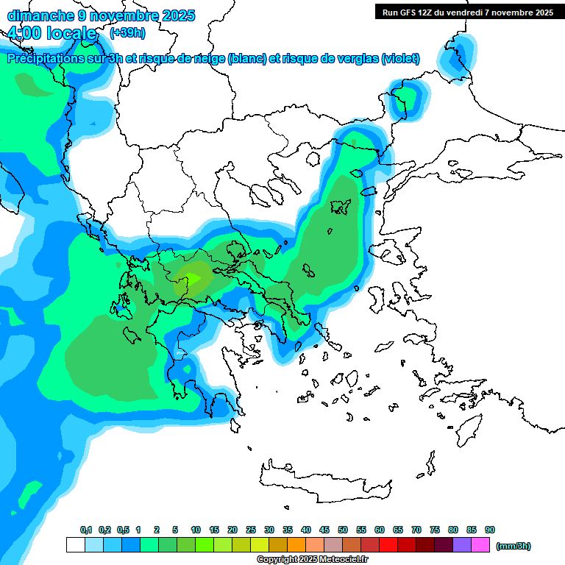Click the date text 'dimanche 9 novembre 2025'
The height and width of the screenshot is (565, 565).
pyautogui.click(x=101, y=15)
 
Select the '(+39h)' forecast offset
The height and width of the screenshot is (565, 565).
pyautogui.click(x=127, y=33)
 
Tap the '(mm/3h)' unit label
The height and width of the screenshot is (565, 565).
pyautogui.click(x=513, y=546)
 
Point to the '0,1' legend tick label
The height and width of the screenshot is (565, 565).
pyautogui.click(x=85, y=530)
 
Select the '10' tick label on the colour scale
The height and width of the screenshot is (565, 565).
pyautogui.click(x=196, y=530)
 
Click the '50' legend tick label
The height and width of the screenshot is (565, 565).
pyautogui.click(x=343, y=530)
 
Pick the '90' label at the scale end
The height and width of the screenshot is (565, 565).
pyautogui.click(x=490, y=530)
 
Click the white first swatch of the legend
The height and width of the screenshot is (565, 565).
pyautogui.click(x=75, y=545)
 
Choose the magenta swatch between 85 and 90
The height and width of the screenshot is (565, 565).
pyautogui.click(x=480, y=545)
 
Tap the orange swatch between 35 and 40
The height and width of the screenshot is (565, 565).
pyautogui.click(x=296, y=545)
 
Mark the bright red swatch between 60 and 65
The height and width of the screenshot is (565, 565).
pyautogui.click(x=388, y=545)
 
